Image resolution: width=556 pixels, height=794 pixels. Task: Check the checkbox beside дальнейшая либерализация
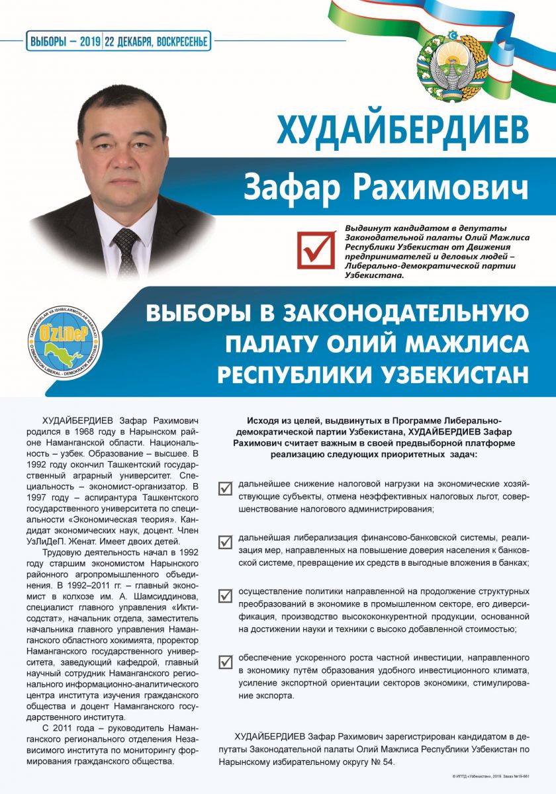click(226, 543)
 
